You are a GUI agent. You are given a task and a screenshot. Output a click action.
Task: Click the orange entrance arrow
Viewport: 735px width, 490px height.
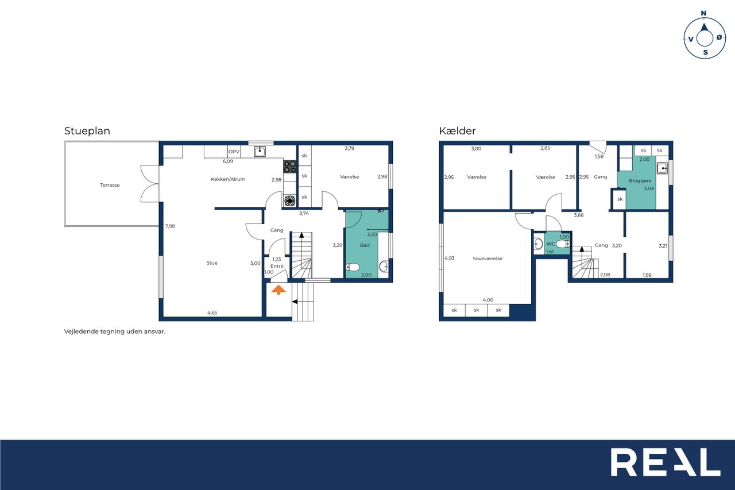(278, 290)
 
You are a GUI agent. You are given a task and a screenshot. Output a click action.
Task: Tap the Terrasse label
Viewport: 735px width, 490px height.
(110, 185)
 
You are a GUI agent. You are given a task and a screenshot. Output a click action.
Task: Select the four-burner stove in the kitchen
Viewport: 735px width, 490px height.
(290, 167)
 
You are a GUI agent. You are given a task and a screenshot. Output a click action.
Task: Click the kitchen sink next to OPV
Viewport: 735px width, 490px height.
(260, 151)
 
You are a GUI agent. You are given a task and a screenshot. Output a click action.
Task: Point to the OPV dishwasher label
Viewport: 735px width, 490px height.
(234, 152)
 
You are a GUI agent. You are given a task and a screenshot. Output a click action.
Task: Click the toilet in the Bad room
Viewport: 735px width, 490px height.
(353, 267)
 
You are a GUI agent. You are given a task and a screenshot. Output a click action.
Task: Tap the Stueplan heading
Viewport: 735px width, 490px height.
(87, 131)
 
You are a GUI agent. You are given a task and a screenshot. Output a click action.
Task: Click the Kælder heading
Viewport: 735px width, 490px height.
(457, 131)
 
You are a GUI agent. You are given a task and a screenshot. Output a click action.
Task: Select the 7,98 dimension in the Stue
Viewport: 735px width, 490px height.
(170, 226)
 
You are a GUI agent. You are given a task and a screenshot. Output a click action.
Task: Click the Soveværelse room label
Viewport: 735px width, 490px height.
(488, 258)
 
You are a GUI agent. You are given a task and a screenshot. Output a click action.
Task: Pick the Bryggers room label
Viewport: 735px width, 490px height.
(640, 180)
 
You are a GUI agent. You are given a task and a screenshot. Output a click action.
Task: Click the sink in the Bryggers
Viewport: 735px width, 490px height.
(662, 168)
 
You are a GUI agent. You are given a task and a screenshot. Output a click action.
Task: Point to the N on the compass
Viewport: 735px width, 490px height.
(703, 13)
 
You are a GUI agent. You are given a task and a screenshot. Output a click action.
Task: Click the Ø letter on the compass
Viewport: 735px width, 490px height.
(719, 38)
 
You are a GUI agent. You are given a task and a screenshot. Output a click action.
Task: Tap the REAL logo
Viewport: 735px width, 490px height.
(665, 462)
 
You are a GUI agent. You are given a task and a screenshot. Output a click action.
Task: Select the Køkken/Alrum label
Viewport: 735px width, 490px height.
(228, 179)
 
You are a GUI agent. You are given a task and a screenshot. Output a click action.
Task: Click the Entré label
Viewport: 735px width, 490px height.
(277, 266)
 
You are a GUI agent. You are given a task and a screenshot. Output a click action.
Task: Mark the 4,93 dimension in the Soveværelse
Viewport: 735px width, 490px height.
(450, 258)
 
